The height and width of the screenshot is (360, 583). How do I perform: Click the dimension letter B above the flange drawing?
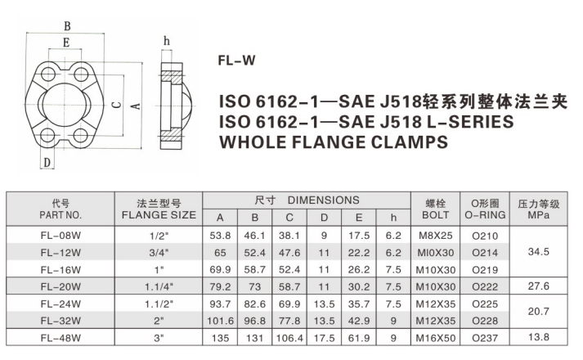tap(67, 26)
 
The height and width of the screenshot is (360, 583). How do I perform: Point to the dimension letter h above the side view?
tap(167, 41)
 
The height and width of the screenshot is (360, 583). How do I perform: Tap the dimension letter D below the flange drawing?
tap(47, 163)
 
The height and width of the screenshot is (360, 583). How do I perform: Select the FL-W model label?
tap(236, 61)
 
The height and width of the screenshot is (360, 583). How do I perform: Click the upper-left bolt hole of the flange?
tap(48, 74)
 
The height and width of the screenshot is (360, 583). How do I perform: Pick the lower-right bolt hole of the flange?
tap(81, 135)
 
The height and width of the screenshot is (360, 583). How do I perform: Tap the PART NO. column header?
tap(61, 215)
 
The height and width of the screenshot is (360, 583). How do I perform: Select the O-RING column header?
tap(485, 215)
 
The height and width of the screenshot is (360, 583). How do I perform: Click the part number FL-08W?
tap(61, 236)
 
